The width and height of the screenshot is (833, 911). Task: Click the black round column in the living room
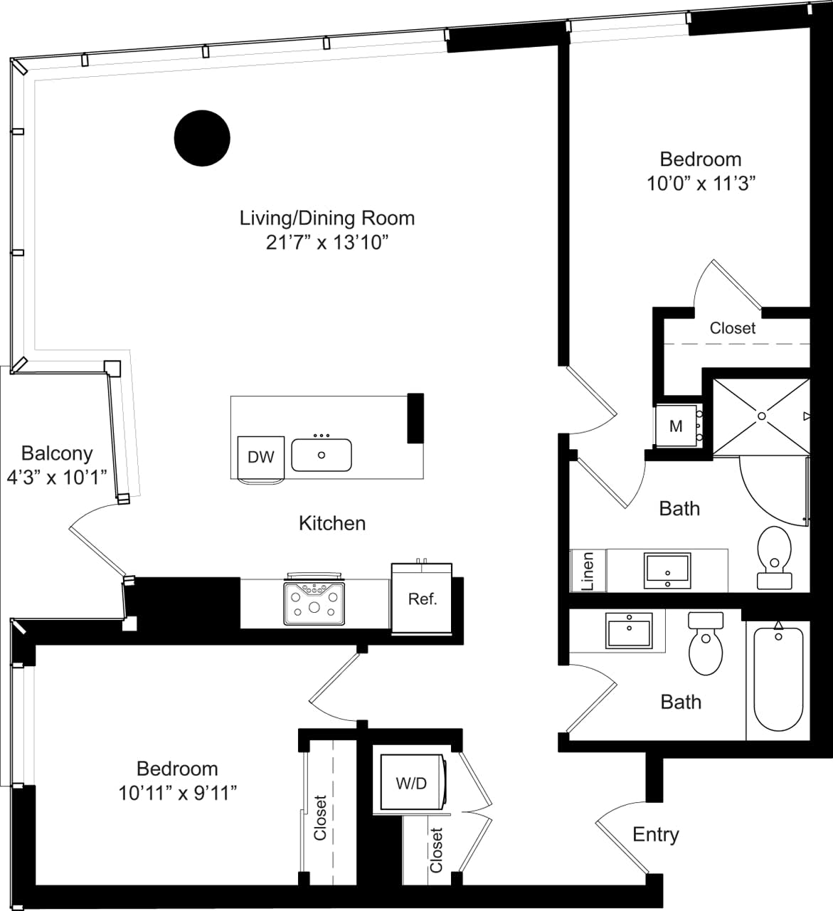(202, 138)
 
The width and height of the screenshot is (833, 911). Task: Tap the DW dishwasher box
(260, 457)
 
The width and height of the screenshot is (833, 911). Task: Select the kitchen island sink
(322, 455)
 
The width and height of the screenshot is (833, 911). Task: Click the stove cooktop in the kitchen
(314, 603)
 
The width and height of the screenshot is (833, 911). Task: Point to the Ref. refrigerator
(422, 599)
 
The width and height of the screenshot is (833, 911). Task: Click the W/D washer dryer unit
(411, 783)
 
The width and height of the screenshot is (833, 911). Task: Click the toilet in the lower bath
(706, 645)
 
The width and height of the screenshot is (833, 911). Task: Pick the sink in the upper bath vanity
(667, 571)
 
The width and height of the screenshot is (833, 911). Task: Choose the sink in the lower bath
(629, 631)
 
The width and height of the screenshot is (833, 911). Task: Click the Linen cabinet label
(588, 571)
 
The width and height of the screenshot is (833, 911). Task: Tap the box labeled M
(676, 426)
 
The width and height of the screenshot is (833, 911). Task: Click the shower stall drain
(761, 416)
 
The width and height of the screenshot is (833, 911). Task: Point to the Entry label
(655, 834)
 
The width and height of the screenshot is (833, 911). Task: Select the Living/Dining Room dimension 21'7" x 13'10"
(327, 242)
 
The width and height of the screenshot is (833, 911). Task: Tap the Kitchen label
(332, 523)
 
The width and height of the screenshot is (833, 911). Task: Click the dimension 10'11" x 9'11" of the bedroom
(178, 792)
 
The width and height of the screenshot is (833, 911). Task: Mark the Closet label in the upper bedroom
(733, 328)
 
